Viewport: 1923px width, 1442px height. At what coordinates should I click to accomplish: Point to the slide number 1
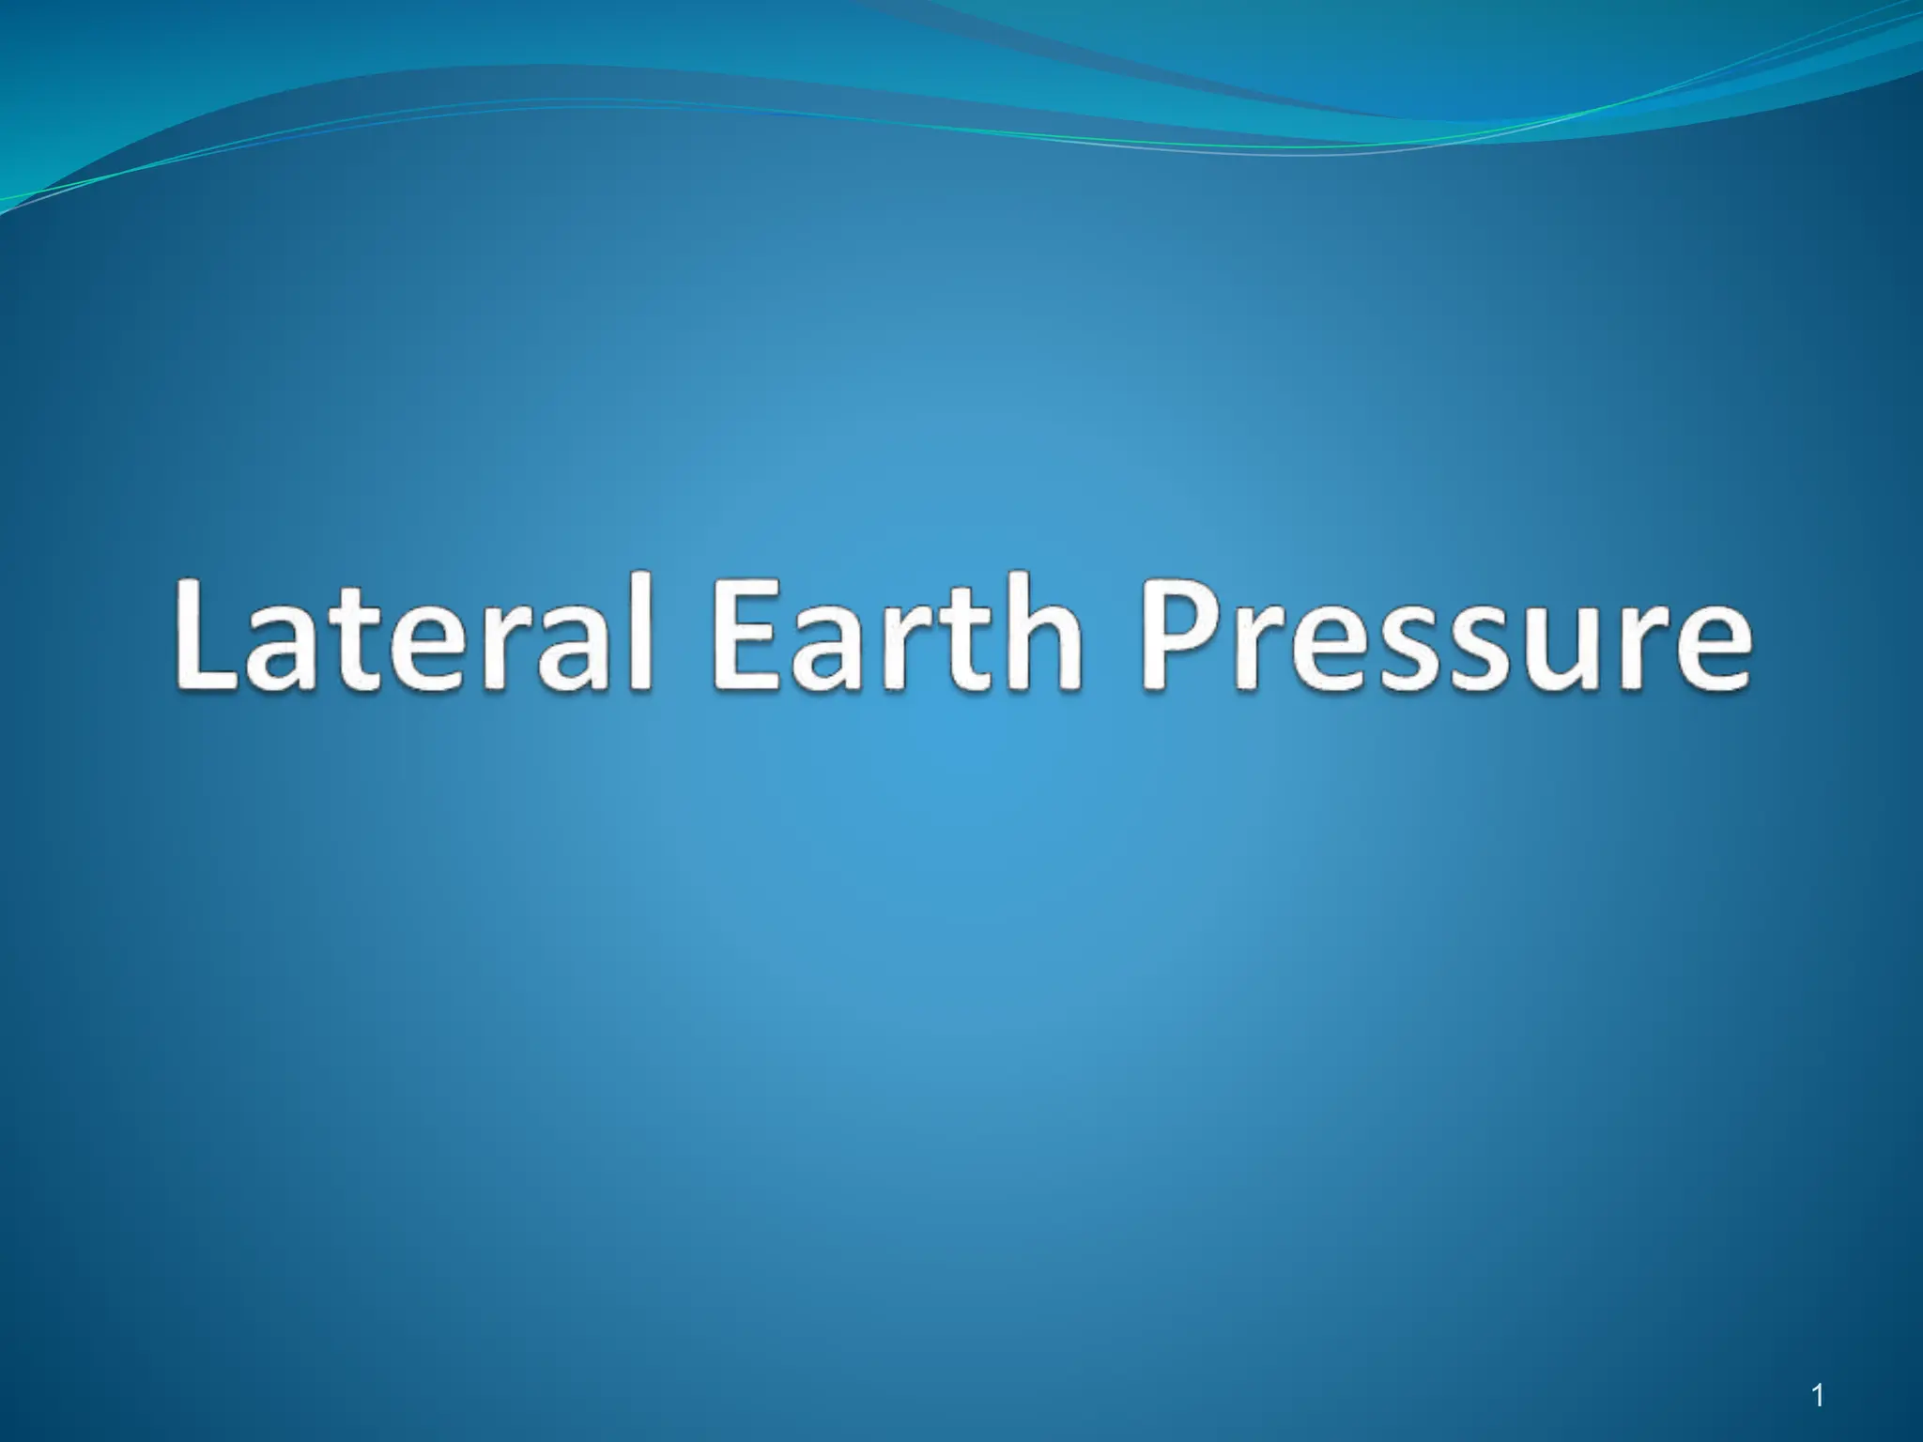[x=1818, y=1396]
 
